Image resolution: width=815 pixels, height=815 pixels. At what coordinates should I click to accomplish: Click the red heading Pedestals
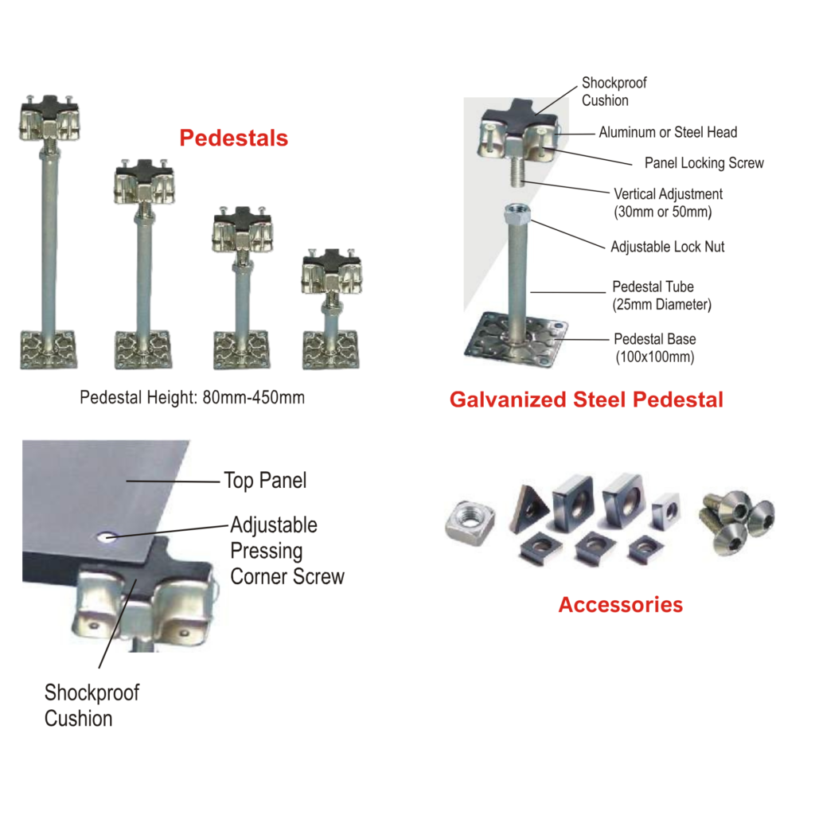point(233,138)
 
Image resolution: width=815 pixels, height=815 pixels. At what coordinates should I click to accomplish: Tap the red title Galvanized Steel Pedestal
point(587,400)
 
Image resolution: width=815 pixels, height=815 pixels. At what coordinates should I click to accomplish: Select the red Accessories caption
point(621,605)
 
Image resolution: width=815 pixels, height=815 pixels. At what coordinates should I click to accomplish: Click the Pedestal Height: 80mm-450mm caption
point(193,398)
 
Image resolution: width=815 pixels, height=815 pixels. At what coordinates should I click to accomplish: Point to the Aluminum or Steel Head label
point(668,133)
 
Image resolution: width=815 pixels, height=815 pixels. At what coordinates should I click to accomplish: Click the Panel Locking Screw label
point(704,163)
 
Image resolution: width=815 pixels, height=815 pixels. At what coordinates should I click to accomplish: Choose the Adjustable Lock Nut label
point(668,247)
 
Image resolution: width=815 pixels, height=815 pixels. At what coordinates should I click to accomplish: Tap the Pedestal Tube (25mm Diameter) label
point(661,295)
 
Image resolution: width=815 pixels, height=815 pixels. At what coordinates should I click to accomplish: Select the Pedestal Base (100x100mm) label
point(655,348)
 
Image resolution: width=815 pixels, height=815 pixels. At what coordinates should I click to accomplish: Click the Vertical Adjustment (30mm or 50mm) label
point(668,203)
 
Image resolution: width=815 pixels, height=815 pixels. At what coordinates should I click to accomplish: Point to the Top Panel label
point(265,481)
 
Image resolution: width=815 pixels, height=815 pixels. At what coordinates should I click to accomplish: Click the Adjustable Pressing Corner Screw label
point(287,551)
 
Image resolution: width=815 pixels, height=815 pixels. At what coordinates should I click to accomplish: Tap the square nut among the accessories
point(470,523)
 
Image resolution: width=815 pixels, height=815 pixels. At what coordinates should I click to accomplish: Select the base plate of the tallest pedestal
point(49,350)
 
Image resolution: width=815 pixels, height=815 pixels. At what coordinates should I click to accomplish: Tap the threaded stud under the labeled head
point(518,172)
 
